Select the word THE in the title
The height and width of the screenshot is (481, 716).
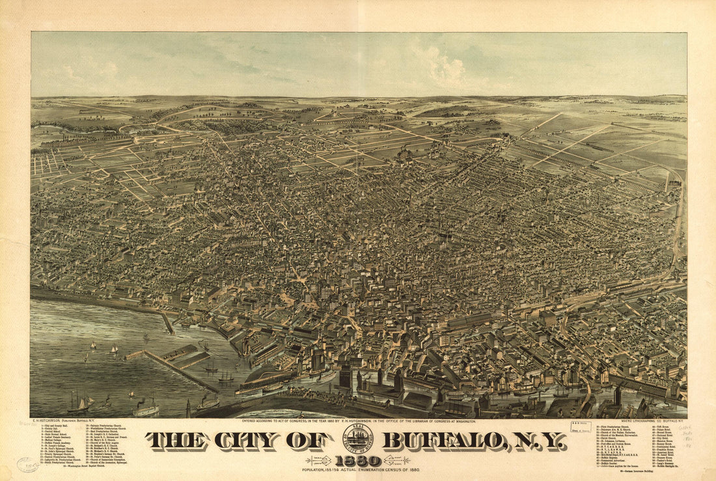coord(174,441)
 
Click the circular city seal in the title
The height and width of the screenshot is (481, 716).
coord(358,439)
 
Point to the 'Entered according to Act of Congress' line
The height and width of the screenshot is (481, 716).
coord(358,422)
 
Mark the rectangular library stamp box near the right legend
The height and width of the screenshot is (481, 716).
coord(580,427)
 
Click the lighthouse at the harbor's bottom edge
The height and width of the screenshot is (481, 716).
coord(188,408)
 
